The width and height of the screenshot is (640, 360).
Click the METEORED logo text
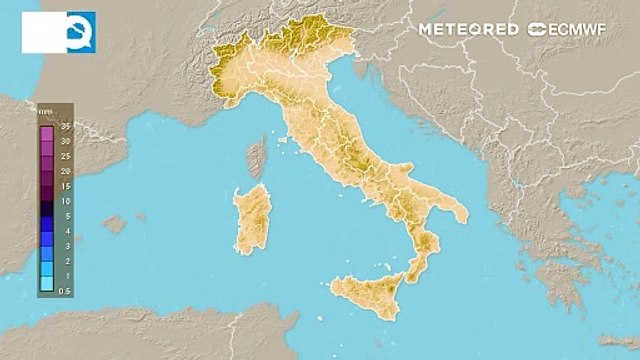click(468, 29)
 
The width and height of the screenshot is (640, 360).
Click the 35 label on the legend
click(64, 128)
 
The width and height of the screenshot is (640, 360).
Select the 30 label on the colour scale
click(64, 142)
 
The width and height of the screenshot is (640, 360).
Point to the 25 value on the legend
click(64, 157)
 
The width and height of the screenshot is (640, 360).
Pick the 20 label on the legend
click(64, 172)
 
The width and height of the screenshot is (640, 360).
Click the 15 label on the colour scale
click(64, 186)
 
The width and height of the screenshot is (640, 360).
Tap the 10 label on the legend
click(64, 201)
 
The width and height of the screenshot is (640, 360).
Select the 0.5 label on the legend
click(65, 290)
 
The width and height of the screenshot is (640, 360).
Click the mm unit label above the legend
click(45, 112)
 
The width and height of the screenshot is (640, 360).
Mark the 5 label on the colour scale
click(65, 216)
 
